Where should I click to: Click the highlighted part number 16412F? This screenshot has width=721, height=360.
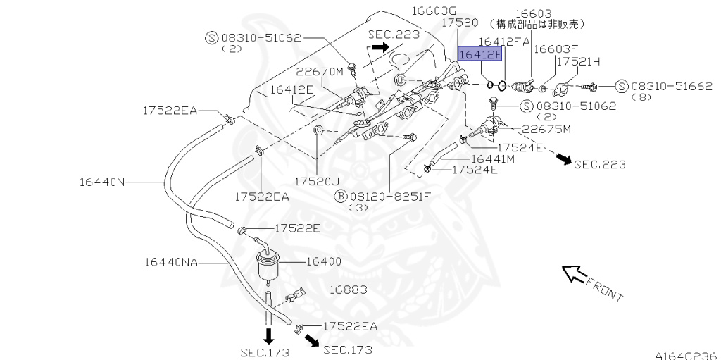pyautogui.click(x=482, y=54)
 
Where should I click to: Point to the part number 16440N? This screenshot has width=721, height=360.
pyautogui.click(x=101, y=182)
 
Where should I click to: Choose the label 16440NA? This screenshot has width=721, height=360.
pyautogui.click(x=171, y=261)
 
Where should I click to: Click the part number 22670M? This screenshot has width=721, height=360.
pyautogui.click(x=318, y=71)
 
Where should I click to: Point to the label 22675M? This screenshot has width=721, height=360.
pyautogui.click(x=546, y=129)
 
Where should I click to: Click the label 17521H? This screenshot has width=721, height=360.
pyautogui.click(x=578, y=62)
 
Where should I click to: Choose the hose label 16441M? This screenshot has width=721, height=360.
pyautogui.click(x=492, y=159)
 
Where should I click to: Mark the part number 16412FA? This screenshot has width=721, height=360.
pyautogui.click(x=504, y=42)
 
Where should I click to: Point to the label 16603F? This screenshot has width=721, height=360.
pyautogui.click(x=556, y=49)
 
